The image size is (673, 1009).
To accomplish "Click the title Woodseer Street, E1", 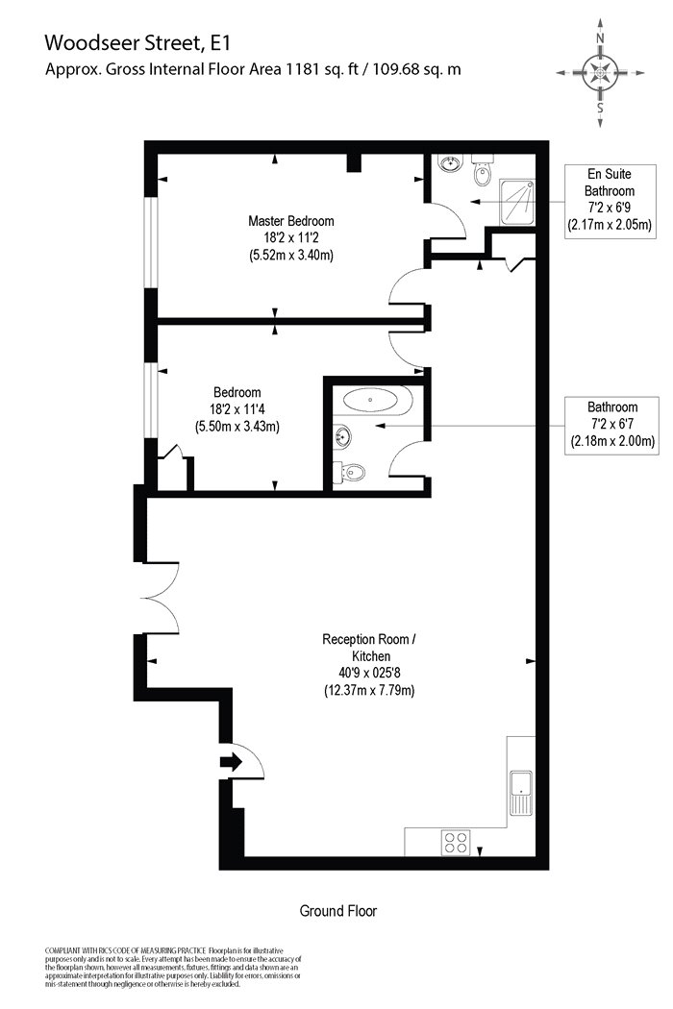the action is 137,43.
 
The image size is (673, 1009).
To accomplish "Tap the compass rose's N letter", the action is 600,38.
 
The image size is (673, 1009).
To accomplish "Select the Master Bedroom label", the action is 291,221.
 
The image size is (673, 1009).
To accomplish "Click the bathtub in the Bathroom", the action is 378,401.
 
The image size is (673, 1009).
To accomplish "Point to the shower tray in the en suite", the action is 517,201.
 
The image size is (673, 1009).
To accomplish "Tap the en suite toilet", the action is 482,170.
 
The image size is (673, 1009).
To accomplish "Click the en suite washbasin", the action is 450,163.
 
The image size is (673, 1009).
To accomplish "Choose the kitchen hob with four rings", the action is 456,843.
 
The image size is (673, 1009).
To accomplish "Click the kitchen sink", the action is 520,792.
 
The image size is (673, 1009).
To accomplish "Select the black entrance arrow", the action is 231,763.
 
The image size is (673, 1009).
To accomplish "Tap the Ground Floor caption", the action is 338,911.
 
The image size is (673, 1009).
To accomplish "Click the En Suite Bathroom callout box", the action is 610,202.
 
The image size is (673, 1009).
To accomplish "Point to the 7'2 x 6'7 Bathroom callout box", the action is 611,426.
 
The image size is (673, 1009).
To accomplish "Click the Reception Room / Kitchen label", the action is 369,648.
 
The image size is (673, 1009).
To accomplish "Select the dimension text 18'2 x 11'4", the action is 237,408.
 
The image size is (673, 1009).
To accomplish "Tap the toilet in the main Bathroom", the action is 349,473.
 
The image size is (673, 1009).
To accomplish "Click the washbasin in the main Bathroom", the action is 343,437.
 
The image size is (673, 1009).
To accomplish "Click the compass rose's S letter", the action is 600,108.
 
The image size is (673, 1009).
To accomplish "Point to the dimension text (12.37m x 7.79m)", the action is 369,691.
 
